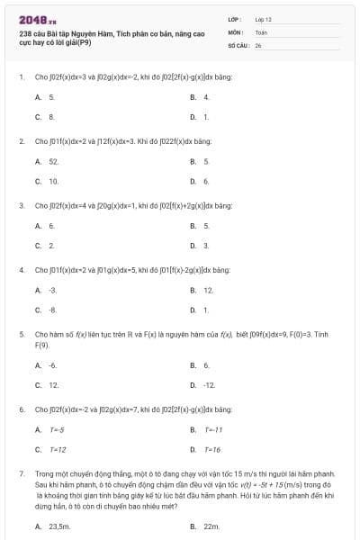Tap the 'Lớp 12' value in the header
coord(263,18)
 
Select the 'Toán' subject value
coord(261,31)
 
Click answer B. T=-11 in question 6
coord(206,429)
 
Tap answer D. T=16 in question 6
coord(206,449)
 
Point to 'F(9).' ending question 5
coord(41,345)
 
